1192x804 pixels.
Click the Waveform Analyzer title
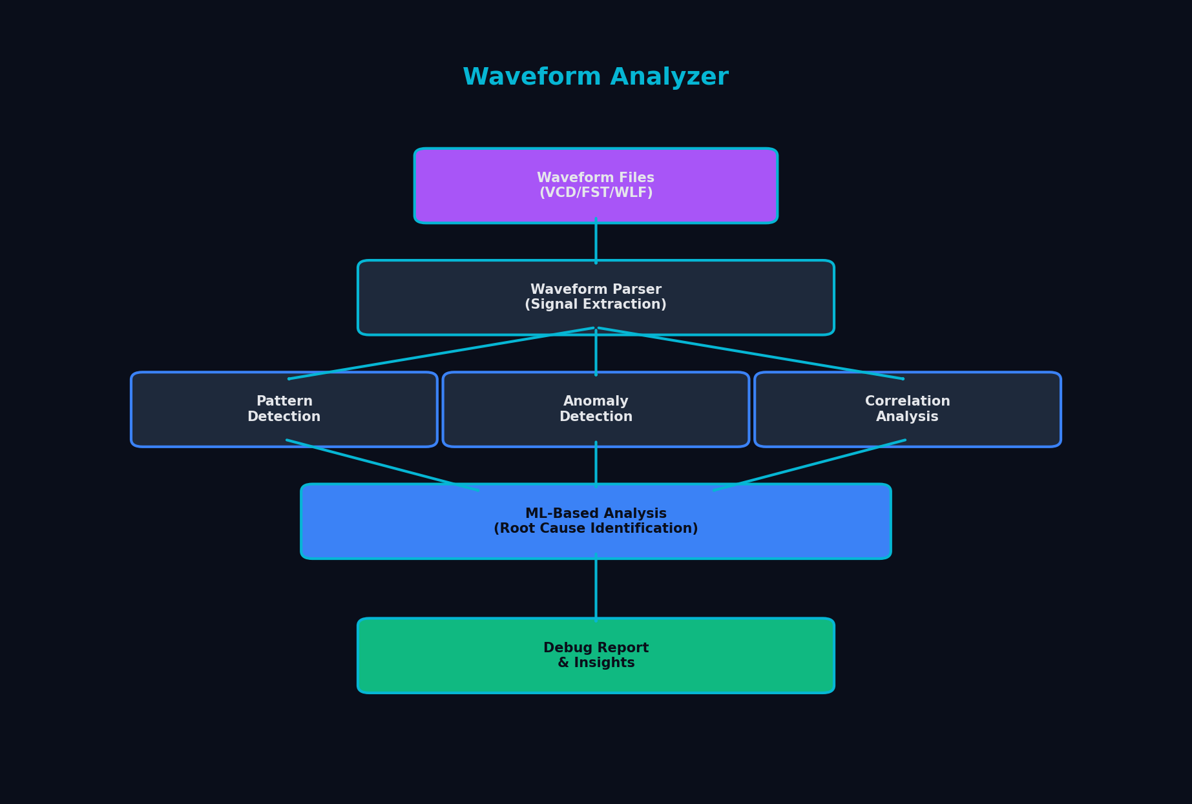pyautogui.click(x=595, y=77)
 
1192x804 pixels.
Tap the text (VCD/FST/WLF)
pyautogui.click(x=596, y=193)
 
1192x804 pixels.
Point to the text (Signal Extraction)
pyautogui.click(x=596, y=305)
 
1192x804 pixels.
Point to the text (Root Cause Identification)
pyautogui.click(x=596, y=529)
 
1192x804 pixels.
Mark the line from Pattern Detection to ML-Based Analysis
pyautogui.click(x=382, y=466)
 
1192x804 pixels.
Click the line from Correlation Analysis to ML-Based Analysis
pyautogui.click(x=810, y=466)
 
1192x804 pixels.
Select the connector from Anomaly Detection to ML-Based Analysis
pyautogui.click(x=596, y=466)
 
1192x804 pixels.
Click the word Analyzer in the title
pyautogui.click(x=669, y=77)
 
